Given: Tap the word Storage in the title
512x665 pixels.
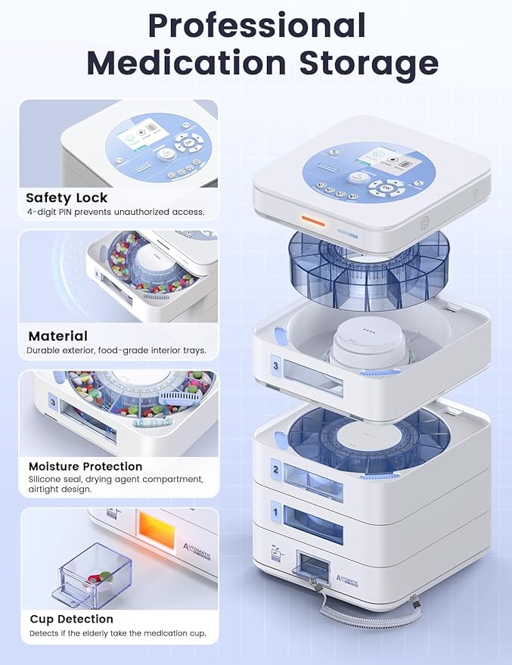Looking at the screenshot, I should pos(369,63).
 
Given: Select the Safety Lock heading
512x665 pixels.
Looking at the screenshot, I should pos(67,198).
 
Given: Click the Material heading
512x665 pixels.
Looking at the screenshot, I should pos(58,336).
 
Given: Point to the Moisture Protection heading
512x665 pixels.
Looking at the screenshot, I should pos(85,466).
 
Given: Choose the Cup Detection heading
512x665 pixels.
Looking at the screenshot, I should pos(72,619).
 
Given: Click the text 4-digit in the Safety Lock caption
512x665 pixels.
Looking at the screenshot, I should pos(44,212).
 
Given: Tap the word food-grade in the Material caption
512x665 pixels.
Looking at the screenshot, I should pos(136,350).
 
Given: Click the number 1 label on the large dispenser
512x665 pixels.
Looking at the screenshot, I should pos(276,514).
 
